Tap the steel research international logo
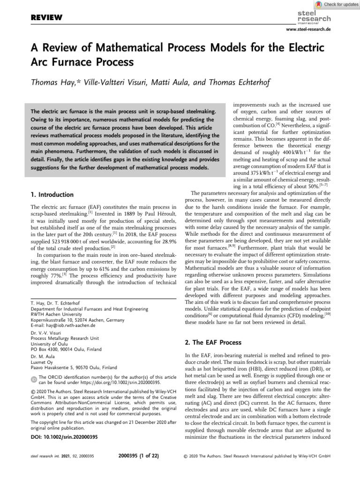point(314,17)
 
